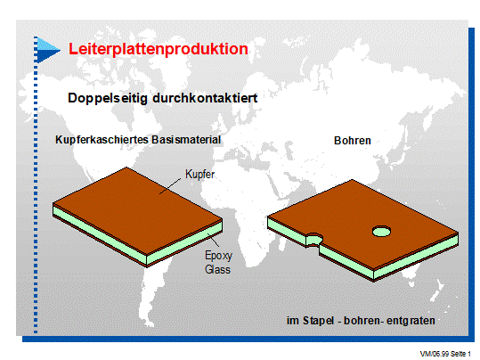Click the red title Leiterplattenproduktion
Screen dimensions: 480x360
(159, 49)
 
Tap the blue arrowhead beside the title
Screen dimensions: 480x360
(48, 50)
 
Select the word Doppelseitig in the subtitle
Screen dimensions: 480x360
(108, 98)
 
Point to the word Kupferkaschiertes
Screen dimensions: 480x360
(102, 140)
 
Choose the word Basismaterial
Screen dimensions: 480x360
(186, 140)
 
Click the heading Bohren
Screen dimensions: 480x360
(353, 141)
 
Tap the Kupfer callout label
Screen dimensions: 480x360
(199, 175)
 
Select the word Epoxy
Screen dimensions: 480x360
(218, 255)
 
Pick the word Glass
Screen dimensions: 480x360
(217, 269)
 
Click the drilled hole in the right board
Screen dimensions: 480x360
(381, 231)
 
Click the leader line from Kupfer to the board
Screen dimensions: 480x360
(170, 186)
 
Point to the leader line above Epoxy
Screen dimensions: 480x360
(214, 240)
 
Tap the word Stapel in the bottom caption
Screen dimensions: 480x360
(318, 321)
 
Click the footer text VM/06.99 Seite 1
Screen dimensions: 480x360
(445, 354)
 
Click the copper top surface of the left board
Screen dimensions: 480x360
(137, 209)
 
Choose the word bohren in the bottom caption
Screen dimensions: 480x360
(362, 321)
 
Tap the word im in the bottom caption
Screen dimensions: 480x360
(293, 321)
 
